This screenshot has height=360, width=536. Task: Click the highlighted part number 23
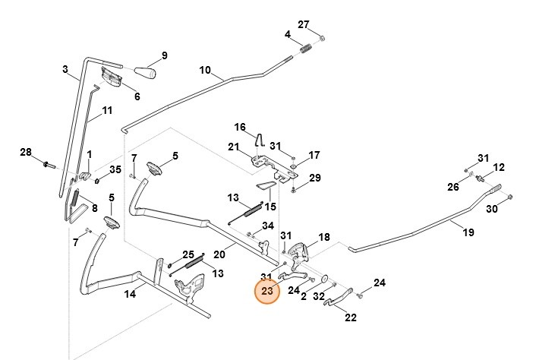point(266,291)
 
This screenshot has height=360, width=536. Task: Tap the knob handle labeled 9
point(145,74)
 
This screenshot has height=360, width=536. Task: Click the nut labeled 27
point(322,38)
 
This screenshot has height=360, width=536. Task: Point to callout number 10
point(204,70)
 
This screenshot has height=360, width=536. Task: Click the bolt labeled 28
point(47,163)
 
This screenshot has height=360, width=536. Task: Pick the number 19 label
point(468,232)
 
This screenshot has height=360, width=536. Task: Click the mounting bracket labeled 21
point(262,161)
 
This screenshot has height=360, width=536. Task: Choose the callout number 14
point(130,295)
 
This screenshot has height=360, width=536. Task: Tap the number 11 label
point(107,110)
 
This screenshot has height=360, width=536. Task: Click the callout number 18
point(323,238)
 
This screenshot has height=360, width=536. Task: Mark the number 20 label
point(219,254)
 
